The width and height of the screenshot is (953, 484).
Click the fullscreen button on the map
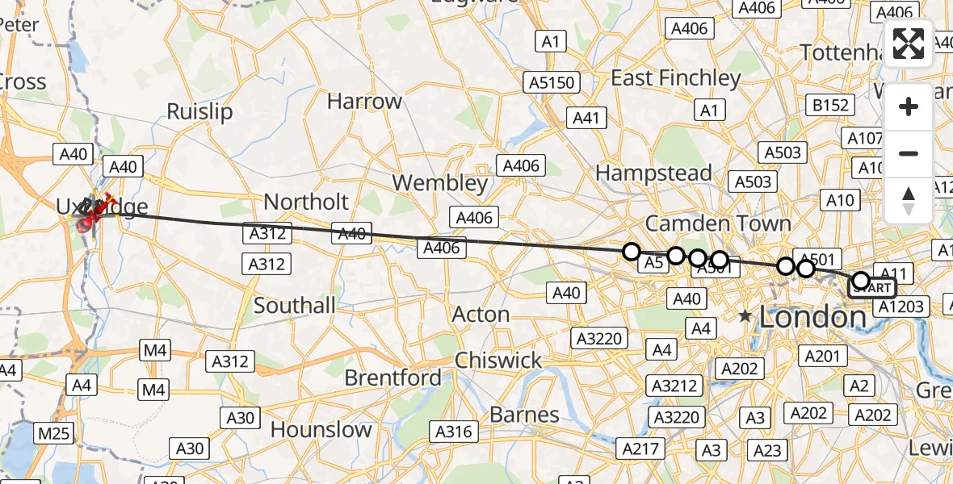point(909,44)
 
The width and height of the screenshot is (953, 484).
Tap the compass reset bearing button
point(909,200)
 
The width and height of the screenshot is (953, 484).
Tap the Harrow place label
point(364,102)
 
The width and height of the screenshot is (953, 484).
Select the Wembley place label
point(441,183)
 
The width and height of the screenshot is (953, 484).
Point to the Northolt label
point(306,202)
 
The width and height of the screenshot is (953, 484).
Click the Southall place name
point(294,305)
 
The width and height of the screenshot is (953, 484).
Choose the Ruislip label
point(199,111)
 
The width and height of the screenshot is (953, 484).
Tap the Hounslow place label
point(321,430)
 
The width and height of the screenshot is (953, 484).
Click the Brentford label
point(393,378)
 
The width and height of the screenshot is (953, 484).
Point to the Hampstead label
point(653,173)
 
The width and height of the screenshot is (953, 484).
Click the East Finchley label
point(676,78)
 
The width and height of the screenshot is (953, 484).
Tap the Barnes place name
point(524,415)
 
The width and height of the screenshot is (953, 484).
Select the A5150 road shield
point(552,82)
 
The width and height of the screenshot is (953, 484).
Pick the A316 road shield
point(454,432)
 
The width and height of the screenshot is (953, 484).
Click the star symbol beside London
point(745,317)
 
